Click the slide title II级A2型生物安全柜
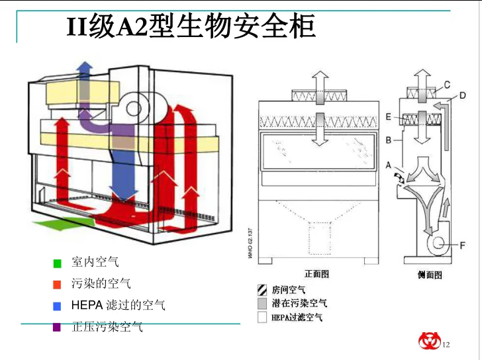(x=191, y=28)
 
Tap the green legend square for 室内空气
(x=57, y=263)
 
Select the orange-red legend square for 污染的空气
(x=57, y=284)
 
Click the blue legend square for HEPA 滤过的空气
(x=57, y=306)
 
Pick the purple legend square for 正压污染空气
(x=57, y=326)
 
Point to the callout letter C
(x=447, y=84)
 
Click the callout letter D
(x=461, y=95)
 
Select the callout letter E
(x=389, y=116)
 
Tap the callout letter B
(x=389, y=140)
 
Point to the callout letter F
(x=463, y=246)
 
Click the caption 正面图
(x=316, y=274)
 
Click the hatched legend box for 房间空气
(x=262, y=290)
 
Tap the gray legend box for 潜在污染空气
(x=262, y=303)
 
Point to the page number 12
(x=446, y=344)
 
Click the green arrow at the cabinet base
(x=63, y=224)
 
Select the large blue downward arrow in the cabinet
(x=123, y=169)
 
